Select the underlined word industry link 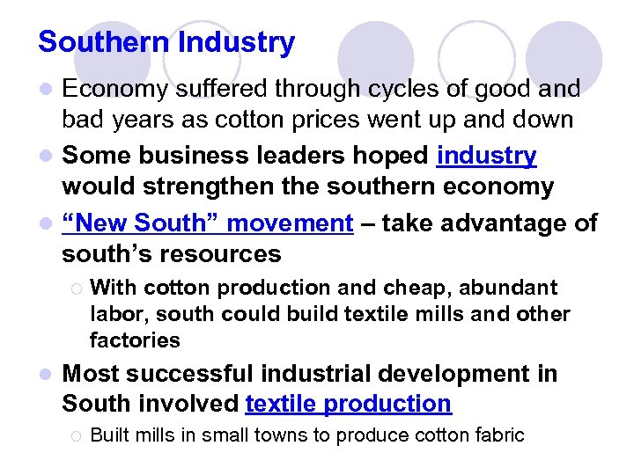(486, 157)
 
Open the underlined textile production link (348, 404)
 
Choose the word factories (135, 340)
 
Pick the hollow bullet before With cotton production (76, 289)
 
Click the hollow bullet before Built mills (76, 435)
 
